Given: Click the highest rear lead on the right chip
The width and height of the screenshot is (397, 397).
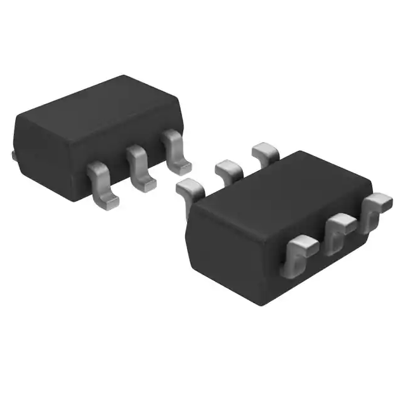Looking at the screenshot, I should [265, 152].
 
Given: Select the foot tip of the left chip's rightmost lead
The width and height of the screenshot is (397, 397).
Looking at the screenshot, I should [182, 167].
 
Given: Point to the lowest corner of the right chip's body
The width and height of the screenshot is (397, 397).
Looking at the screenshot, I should [262, 303].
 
